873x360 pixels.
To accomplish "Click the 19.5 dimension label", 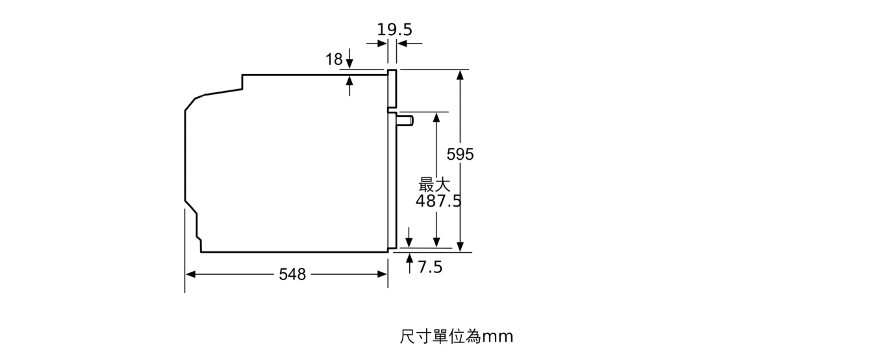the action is point(394,30).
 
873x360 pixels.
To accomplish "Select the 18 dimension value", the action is point(334,60).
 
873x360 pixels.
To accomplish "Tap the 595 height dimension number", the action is point(460,155).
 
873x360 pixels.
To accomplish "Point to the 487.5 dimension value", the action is point(438,201).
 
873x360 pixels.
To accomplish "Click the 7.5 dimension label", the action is point(430,267).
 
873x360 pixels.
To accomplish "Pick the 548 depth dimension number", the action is point(292,275).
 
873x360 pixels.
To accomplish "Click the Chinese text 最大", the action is point(434,185).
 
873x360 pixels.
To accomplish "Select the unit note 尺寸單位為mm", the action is point(457,337).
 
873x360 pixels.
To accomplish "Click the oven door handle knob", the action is point(405,120).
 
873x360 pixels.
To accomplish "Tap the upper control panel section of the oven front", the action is point(392,89).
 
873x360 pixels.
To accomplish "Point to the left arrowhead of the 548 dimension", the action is point(190,275).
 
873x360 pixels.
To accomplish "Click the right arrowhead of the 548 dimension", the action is point(383,275).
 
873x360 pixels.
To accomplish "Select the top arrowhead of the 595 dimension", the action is point(461,75).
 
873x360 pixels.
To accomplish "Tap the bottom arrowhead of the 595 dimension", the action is point(461,246).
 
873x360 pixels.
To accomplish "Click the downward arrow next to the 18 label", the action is point(349,58).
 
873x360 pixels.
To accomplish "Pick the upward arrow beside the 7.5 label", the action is point(409,263).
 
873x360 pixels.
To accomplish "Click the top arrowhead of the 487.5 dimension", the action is point(436,118).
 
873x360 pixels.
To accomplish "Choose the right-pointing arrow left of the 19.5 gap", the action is point(377,44).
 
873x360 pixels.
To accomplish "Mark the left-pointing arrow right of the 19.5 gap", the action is point(409,44).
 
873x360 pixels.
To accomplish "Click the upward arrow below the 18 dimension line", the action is point(349,86).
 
